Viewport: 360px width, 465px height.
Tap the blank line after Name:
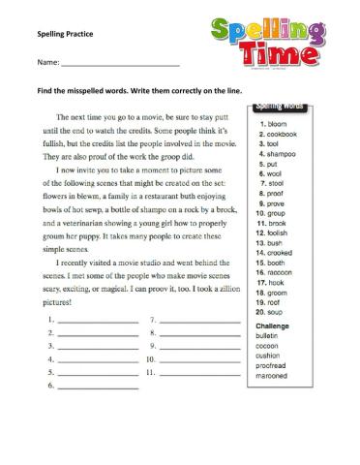[120, 64]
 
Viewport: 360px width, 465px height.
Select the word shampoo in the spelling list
[280, 154]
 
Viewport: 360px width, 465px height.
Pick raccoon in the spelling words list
[280, 274]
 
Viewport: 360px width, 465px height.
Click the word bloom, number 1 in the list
[274, 124]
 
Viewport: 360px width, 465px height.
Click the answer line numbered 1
[97, 319]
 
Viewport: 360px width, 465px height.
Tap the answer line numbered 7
[199, 319]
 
